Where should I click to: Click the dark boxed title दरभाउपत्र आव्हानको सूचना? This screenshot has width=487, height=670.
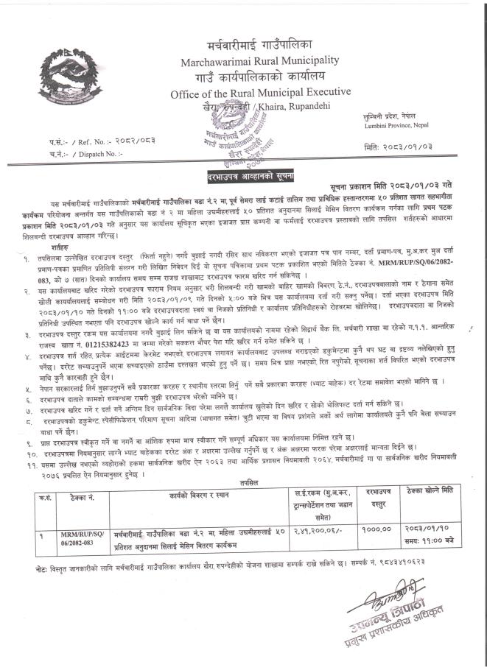tap(243, 179)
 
